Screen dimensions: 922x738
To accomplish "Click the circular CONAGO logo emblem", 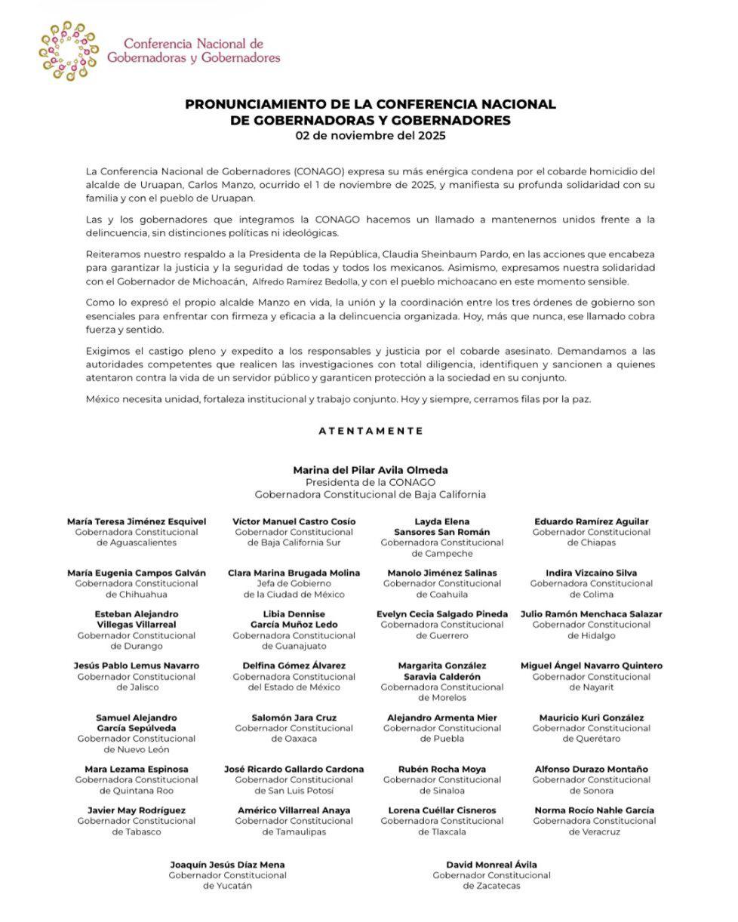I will pos(69,51).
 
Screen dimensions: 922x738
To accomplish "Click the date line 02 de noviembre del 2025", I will pos(370,136).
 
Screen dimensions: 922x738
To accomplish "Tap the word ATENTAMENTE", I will pos(371,431).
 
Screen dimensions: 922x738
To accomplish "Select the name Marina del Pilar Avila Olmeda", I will pos(370,470).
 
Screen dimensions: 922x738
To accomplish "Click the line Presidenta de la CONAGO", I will pos(370,482).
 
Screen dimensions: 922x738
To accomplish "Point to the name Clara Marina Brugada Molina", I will pos(294,573).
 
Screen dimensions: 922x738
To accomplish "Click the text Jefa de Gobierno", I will pos(294,583).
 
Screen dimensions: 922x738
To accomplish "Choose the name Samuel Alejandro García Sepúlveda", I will pos(136,723).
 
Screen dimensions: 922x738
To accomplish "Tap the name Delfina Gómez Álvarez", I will pos(294,665).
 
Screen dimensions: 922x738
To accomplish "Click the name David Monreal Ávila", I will pos(491,865).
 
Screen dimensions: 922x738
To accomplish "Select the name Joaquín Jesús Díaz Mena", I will pos(227,865).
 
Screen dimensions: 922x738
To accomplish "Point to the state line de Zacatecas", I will pos(491,886).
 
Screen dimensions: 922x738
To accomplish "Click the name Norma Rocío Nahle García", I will pos(594,810).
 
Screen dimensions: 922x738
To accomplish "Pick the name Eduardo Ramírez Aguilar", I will pos(591,521).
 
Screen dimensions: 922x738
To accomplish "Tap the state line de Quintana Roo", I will pos(136,791).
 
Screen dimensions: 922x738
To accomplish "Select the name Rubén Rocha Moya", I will pos(442,770).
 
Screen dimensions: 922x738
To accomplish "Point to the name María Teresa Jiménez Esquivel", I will pos(136,521).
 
